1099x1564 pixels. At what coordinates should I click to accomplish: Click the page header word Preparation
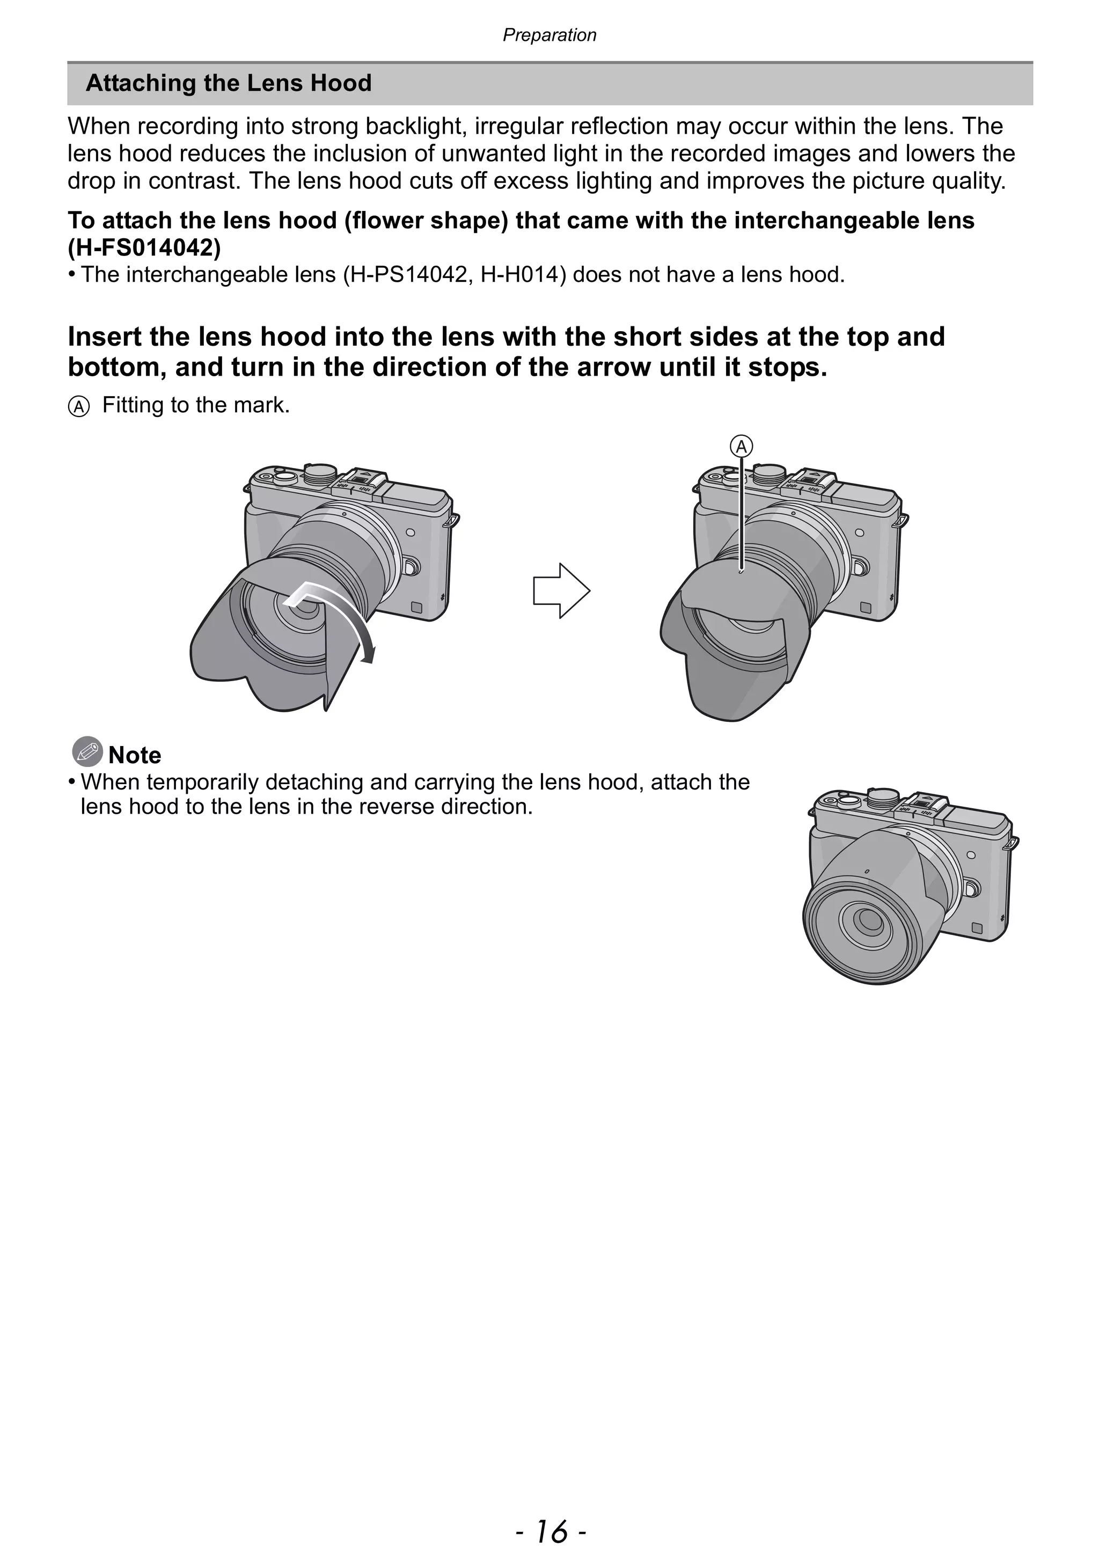pyautogui.click(x=549, y=35)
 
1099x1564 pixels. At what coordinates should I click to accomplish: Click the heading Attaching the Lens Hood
pyautogui.click(x=228, y=83)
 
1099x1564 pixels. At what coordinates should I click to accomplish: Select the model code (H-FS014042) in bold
pyautogui.click(x=144, y=248)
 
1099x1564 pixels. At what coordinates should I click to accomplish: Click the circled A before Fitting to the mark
pyautogui.click(x=79, y=407)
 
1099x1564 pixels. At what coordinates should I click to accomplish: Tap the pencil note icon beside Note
pyautogui.click(x=87, y=751)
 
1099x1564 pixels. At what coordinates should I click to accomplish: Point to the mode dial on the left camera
pyautogui.click(x=319, y=471)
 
